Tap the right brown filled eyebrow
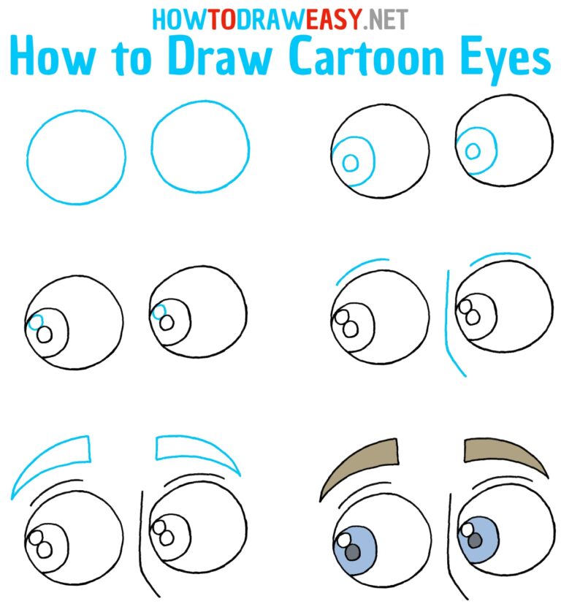pyautogui.click(x=505, y=454)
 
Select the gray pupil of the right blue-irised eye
pyautogui.click(x=475, y=541)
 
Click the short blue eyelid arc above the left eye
pyautogui.click(x=362, y=267)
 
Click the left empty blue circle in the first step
pyautogui.click(x=76, y=156)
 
